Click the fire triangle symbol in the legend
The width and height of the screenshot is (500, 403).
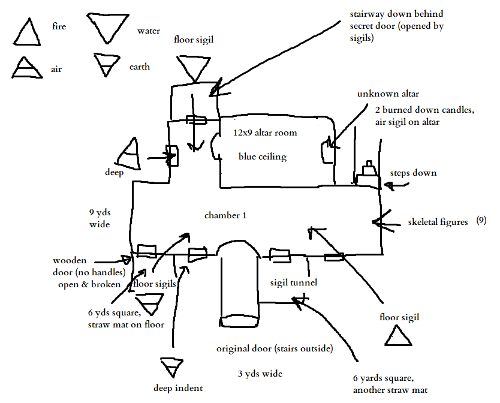pos(28,32)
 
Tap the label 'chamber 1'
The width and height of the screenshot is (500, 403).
pos(225,215)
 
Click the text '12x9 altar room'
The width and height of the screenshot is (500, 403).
pos(265,133)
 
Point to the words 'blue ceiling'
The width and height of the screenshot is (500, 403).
pos(263,157)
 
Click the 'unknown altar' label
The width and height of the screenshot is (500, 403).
pos(388,94)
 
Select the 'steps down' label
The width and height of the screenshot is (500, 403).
pos(413,173)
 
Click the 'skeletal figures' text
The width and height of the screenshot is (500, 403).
pos(438,222)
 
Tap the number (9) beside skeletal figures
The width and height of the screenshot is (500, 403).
pos(481,221)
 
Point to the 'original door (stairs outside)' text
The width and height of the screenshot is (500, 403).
pos(275,348)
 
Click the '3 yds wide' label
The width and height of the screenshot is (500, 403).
pos(260,374)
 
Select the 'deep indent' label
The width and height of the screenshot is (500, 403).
pos(178,387)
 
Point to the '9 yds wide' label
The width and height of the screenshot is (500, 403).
pos(99,218)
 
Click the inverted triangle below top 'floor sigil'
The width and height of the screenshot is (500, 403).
pos(193,68)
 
